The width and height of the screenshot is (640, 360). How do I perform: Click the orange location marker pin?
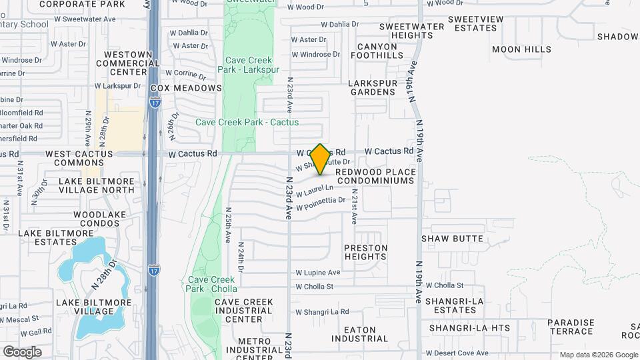tap(320, 159)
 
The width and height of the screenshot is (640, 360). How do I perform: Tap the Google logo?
tap(22, 351)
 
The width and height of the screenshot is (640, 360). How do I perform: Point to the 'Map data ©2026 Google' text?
tap(598, 355)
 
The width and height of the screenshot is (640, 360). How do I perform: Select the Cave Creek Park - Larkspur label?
tap(246, 64)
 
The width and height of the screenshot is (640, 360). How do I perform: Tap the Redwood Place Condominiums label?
tap(375, 176)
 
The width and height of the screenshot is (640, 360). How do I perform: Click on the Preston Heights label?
tap(366, 252)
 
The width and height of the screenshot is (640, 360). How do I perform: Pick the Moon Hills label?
tap(521, 49)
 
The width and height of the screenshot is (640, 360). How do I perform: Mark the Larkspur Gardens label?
tap(374, 88)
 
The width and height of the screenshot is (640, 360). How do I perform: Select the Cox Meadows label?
tap(186, 88)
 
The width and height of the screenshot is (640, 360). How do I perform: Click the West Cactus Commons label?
tap(79, 158)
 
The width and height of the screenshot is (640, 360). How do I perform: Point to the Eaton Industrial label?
tap(361, 335)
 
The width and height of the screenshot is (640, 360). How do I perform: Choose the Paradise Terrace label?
tap(571, 327)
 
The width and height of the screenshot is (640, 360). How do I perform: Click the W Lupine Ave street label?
tap(318, 273)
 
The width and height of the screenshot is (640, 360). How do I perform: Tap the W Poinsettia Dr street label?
tap(321, 202)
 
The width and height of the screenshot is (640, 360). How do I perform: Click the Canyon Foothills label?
tap(377, 51)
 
